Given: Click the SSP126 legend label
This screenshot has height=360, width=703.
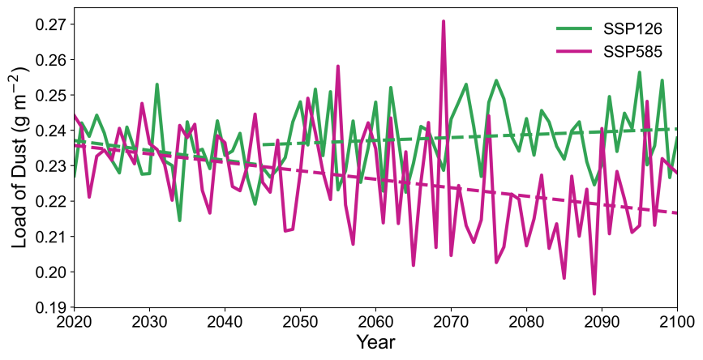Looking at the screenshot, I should (633, 29).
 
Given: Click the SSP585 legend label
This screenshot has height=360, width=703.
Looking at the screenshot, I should (633, 51).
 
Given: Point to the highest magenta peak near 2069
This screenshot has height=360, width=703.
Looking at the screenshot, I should (444, 21).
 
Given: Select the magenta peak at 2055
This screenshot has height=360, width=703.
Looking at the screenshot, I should (338, 66).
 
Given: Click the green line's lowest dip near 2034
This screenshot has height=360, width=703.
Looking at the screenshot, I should (179, 221).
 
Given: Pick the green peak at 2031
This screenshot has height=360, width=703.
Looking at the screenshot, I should (156, 84).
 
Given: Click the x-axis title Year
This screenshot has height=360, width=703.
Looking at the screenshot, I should (375, 343).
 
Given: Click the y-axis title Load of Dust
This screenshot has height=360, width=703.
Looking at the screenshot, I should (20, 156).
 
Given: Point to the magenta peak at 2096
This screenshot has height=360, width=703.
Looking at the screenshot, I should (647, 101).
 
